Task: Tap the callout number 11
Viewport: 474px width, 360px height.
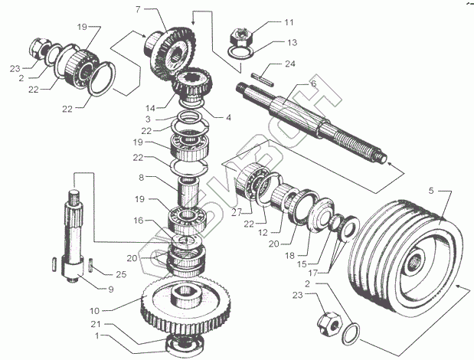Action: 267,22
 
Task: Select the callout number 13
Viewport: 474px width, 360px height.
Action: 270,42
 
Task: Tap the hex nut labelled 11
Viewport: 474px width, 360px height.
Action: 240,34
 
